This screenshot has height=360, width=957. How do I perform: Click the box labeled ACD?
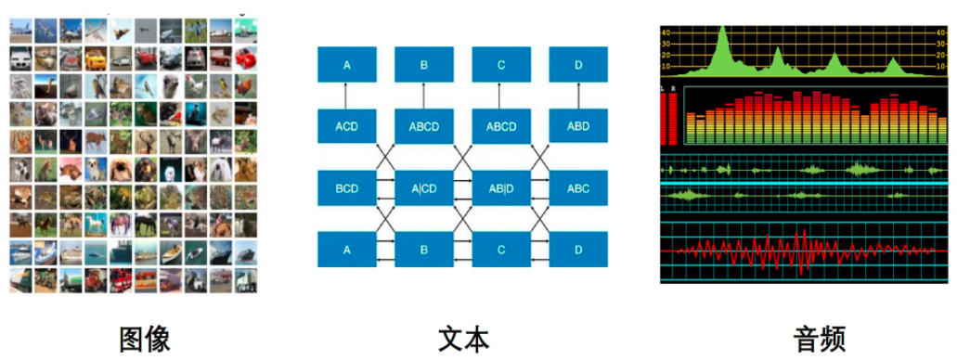[x=347, y=126]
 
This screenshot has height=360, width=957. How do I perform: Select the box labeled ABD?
[x=578, y=126]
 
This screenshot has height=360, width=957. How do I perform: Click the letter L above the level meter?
[x=661, y=88]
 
